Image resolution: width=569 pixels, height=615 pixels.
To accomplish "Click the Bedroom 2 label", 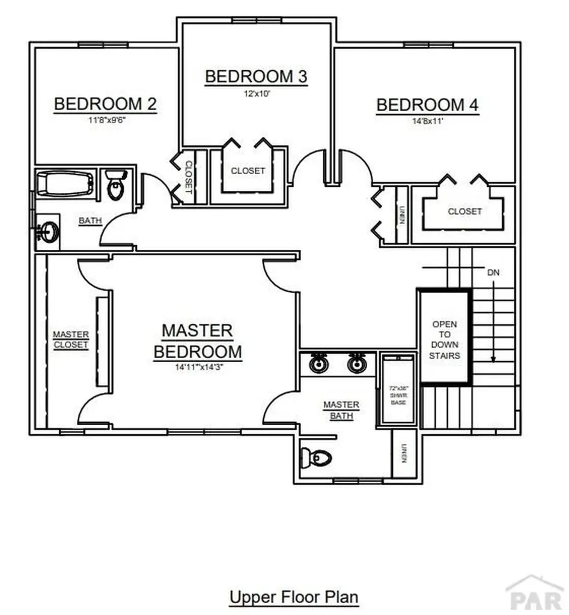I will coord(105,105).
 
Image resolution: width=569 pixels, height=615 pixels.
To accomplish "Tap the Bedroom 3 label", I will coord(256,77).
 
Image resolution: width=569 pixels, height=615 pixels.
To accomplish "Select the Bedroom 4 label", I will coord(427,105).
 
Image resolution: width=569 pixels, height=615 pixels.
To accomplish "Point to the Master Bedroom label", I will coord(198,341).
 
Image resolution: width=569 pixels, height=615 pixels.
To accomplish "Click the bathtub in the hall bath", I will coord(65,184).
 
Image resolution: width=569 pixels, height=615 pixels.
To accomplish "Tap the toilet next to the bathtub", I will coord(115,184).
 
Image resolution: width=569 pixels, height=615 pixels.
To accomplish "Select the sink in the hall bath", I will coord(47,232).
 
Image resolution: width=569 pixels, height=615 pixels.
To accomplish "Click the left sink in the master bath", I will coord(318,364).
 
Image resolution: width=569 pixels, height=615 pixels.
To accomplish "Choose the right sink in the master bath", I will coord(357,364).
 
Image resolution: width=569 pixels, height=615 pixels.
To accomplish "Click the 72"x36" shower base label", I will coord(398,395).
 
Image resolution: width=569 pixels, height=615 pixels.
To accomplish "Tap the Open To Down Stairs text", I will coord(444,340).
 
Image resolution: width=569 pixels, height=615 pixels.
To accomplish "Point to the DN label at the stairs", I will coord(493,273).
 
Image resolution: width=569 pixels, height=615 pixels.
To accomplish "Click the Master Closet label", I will coord(70,339).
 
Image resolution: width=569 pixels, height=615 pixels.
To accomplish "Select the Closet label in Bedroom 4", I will coord(464,211).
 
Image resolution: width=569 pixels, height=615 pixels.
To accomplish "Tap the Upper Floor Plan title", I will coord(294,598).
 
